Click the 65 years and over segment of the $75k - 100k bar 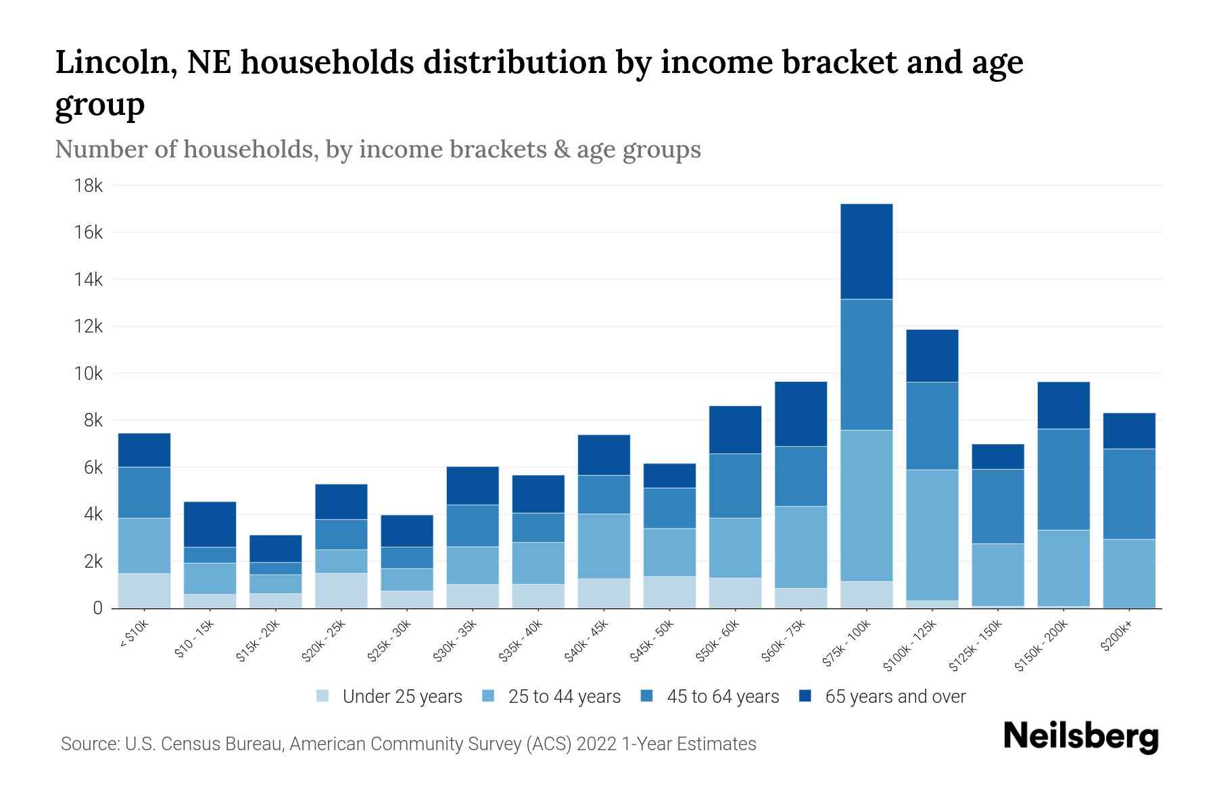pyautogui.click(x=866, y=251)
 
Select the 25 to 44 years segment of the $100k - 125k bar pyautogui.click(x=932, y=535)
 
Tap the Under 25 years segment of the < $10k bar pyautogui.click(x=144, y=591)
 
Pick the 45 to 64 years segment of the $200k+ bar pyautogui.click(x=1128, y=494)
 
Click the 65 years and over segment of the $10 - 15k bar pyautogui.click(x=210, y=524)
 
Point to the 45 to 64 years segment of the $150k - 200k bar pyautogui.click(x=1063, y=480)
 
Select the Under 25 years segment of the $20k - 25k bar pyautogui.click(x=341, y=591)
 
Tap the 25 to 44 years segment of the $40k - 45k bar pyautogui.click(x=604, y=546)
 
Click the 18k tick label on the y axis pyautogui.click(x=89, y=186)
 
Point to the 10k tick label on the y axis pyautogui.click(x=89, y=374)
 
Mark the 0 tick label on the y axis pyautogui.click(x=97, y=608)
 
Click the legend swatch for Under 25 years pyautogui.click(x=323, y=696)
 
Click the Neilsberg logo pyautogui.click(x=1080, y=736)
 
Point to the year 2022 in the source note pyautogui.click(x=596, y=744)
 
